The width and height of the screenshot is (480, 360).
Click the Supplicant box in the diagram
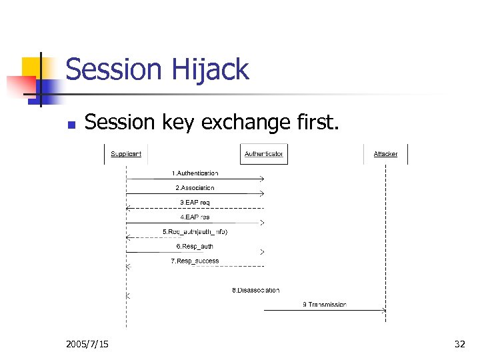coord(126,154)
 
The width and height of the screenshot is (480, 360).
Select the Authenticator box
coord(263,154)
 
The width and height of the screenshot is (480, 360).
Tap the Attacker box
coord(385,154)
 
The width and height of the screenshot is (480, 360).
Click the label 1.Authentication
coord(195,173)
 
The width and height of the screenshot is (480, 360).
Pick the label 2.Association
coord(195,188)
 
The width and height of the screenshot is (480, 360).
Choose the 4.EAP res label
coord(195,217)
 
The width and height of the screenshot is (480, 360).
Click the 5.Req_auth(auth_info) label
coord(195,232)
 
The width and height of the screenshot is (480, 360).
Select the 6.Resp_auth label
coord(195,247)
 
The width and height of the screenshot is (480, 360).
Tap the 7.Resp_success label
coord(195,261)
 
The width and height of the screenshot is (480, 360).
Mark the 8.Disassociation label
coord(255,291)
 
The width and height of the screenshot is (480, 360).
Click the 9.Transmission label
coord(325,305)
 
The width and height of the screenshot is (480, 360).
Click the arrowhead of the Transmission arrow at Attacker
coord(384,310)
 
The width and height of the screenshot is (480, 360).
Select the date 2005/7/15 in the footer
coord(88,344)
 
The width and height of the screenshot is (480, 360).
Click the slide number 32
coord(459,344)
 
